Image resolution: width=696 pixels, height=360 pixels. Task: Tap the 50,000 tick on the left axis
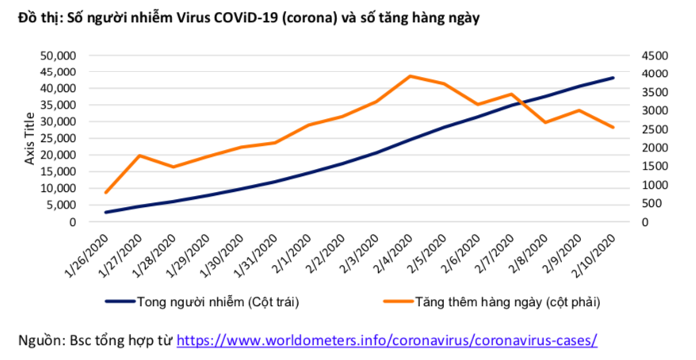56,56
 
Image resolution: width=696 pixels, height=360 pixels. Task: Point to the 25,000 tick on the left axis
56,139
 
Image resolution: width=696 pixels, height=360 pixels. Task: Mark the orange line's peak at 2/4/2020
410,76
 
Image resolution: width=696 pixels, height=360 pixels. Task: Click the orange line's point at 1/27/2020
140,155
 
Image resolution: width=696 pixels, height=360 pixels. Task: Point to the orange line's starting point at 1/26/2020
106,193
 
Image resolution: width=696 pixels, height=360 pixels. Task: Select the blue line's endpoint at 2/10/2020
613,78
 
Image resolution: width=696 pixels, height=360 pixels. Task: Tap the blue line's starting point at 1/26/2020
106,213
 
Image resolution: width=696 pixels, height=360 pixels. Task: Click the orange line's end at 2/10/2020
613,128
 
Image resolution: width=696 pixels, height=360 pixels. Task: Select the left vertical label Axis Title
29,139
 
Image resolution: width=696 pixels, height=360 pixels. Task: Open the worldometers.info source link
386,340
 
